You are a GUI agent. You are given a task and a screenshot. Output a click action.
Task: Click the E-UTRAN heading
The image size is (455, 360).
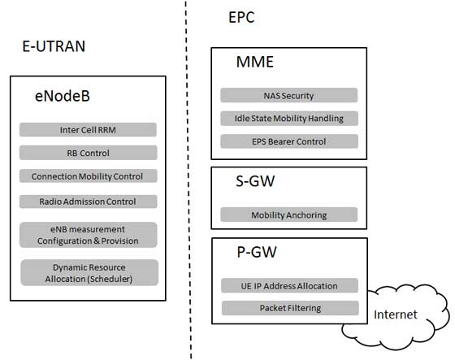coord(54,46)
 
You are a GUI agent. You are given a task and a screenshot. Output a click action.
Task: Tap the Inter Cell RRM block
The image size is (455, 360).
coord(88,129)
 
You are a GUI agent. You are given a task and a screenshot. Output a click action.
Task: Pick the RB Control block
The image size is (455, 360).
coord(88,152)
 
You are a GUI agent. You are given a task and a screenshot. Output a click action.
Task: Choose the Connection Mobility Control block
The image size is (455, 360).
coord(88,176)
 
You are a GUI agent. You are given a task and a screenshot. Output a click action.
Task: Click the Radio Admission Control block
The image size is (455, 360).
coord(88,201)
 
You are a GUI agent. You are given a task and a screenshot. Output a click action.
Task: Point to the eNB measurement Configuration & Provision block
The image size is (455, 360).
coord(88,234)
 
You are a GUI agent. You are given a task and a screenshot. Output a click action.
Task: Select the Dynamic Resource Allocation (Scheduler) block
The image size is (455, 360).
coord(88,272)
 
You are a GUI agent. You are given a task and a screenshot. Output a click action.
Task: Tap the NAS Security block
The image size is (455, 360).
coord(288,95)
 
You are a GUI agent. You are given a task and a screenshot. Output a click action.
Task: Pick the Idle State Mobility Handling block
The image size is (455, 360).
coord(288,118)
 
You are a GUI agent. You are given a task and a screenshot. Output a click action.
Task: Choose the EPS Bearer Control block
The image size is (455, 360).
coord(288,141)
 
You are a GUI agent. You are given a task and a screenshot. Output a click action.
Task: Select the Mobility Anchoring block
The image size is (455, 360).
coord(288,215)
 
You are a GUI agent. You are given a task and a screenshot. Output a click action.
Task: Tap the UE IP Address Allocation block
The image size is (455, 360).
coord(290,285)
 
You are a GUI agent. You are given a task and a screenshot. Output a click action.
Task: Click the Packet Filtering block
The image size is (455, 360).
coord(290,308)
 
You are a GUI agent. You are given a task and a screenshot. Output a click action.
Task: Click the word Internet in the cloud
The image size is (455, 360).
coord(395,314)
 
